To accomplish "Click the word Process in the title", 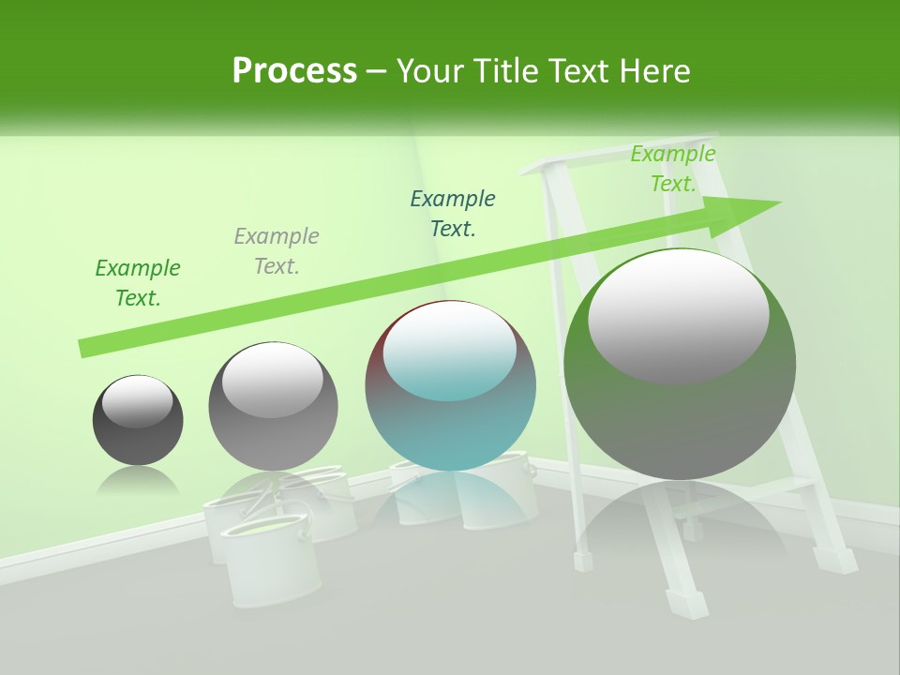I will (294, 70).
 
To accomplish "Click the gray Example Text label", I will (277, 251).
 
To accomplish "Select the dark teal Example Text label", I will (453, 214).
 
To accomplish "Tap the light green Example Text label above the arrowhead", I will (673, 169).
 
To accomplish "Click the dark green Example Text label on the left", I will (138, 283).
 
